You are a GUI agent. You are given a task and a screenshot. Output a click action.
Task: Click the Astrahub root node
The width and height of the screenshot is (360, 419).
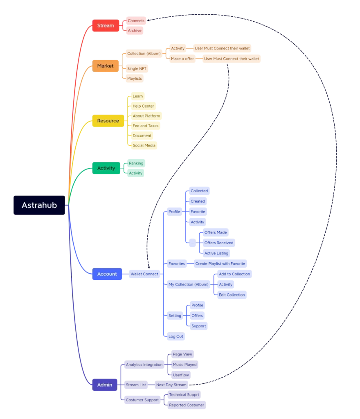tap(39, 205)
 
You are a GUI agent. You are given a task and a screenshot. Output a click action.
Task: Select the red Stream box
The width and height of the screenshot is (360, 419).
tap(106, 25)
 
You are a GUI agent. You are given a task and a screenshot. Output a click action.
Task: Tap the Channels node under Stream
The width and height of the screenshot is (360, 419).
tap(136, 20)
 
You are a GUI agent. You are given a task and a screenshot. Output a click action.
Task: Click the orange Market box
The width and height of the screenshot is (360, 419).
tap(106, 66)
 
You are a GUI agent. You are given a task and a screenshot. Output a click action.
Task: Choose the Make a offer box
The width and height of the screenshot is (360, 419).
tap(182, 59)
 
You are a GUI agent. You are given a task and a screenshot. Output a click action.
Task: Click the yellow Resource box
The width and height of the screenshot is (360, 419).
tap(108, 121)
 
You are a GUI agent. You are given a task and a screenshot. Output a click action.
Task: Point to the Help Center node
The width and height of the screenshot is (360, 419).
tap(143, 106)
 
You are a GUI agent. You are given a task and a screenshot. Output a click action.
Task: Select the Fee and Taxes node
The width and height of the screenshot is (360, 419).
tap(146, 126)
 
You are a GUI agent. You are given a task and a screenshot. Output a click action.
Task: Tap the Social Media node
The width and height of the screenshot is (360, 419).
tap(144, 145)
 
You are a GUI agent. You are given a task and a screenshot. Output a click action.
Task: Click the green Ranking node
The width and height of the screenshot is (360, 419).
tap(136, 163)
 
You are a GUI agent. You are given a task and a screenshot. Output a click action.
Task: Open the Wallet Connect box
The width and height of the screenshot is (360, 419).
tap(144, 274)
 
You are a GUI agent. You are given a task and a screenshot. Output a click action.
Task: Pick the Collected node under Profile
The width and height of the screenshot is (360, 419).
tap(199, 191)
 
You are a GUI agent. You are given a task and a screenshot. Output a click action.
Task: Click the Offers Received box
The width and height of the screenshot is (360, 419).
tap(219, 243)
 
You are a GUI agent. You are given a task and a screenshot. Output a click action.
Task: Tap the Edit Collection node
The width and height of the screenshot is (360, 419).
tap(232, 295)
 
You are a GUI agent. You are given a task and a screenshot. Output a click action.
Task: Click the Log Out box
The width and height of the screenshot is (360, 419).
tap(176, 336)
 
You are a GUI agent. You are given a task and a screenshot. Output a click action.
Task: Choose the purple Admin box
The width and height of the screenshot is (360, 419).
tap(105, 385)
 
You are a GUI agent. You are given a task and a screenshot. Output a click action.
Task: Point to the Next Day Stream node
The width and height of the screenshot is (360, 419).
tap(171, 385)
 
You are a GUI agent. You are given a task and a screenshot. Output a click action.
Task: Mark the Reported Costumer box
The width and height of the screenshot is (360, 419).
tap(187, 405)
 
